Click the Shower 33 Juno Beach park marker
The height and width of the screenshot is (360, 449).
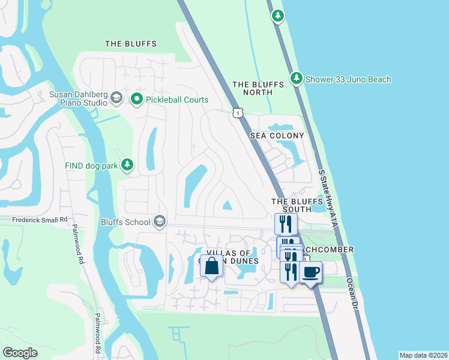pyautogui.click(x=296, y=79)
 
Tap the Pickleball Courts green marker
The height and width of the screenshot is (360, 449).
pyautogui.click(x=137, y=100)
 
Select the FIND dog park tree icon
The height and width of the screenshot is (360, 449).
pyautogui.click(x=127, y=165)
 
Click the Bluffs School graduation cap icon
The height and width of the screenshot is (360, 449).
pyautogui.click(x=160, y=222)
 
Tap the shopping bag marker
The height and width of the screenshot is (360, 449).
pyautogui.click(x=212, y=266)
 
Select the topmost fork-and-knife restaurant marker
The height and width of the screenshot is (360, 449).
pyautogui.click(x=286, y=224)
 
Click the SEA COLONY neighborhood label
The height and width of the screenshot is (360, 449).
pyautogui.click(x=277, y=136)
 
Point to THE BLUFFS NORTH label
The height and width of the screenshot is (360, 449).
pyautogui.click(x=253, y=88)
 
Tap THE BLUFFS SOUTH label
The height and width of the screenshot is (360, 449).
pyautogui.click(x=292, y=205)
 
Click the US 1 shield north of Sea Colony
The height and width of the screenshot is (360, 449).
pyautogui.click(x=238, y=113)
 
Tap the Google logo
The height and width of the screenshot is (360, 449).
pyautogui.click(x=20, y=353)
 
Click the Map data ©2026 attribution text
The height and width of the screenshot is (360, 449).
pyautogui.click(x=423, y=355)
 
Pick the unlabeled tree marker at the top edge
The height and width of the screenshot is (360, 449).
pyautogui.click(x=277, y=16)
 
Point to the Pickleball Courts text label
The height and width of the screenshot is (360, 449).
pyautogui.click(x=177, y=100)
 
